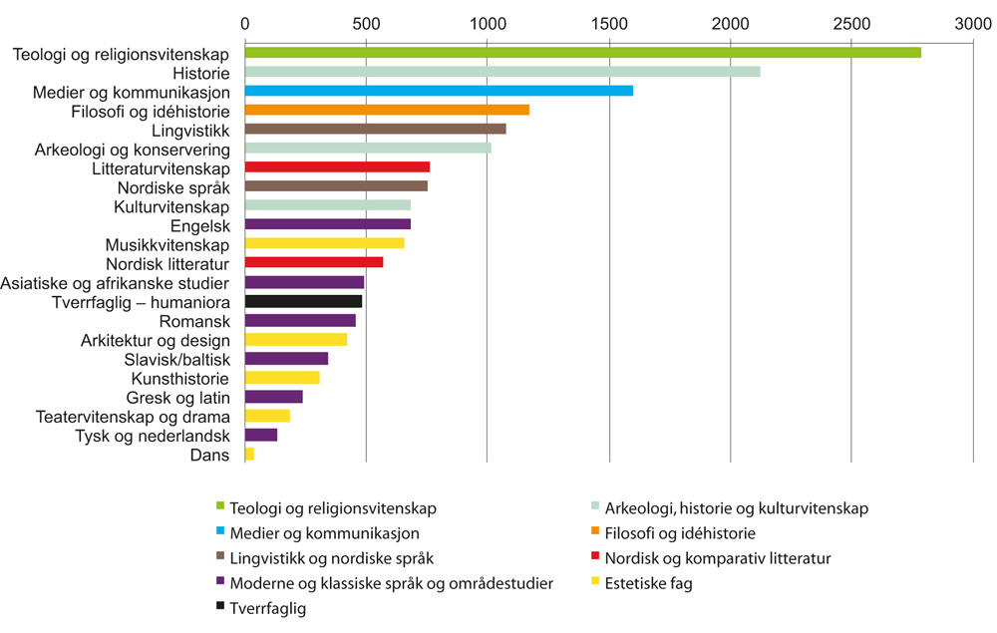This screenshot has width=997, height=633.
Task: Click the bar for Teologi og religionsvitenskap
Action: [582, 52]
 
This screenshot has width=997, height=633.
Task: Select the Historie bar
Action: [501, 72]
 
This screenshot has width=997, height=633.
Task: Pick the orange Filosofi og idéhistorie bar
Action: [387, 110]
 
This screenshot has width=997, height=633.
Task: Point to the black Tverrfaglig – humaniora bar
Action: [303, 301]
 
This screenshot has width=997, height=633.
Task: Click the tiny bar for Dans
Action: [249, 455]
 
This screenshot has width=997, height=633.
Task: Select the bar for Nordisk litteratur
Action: [314, 263]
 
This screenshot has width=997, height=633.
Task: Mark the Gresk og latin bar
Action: [273, 397]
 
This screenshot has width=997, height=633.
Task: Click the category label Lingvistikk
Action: [191, 130]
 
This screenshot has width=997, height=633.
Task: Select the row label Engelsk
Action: [201, 225]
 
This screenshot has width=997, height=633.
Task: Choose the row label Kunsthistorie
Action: [180, 379]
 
